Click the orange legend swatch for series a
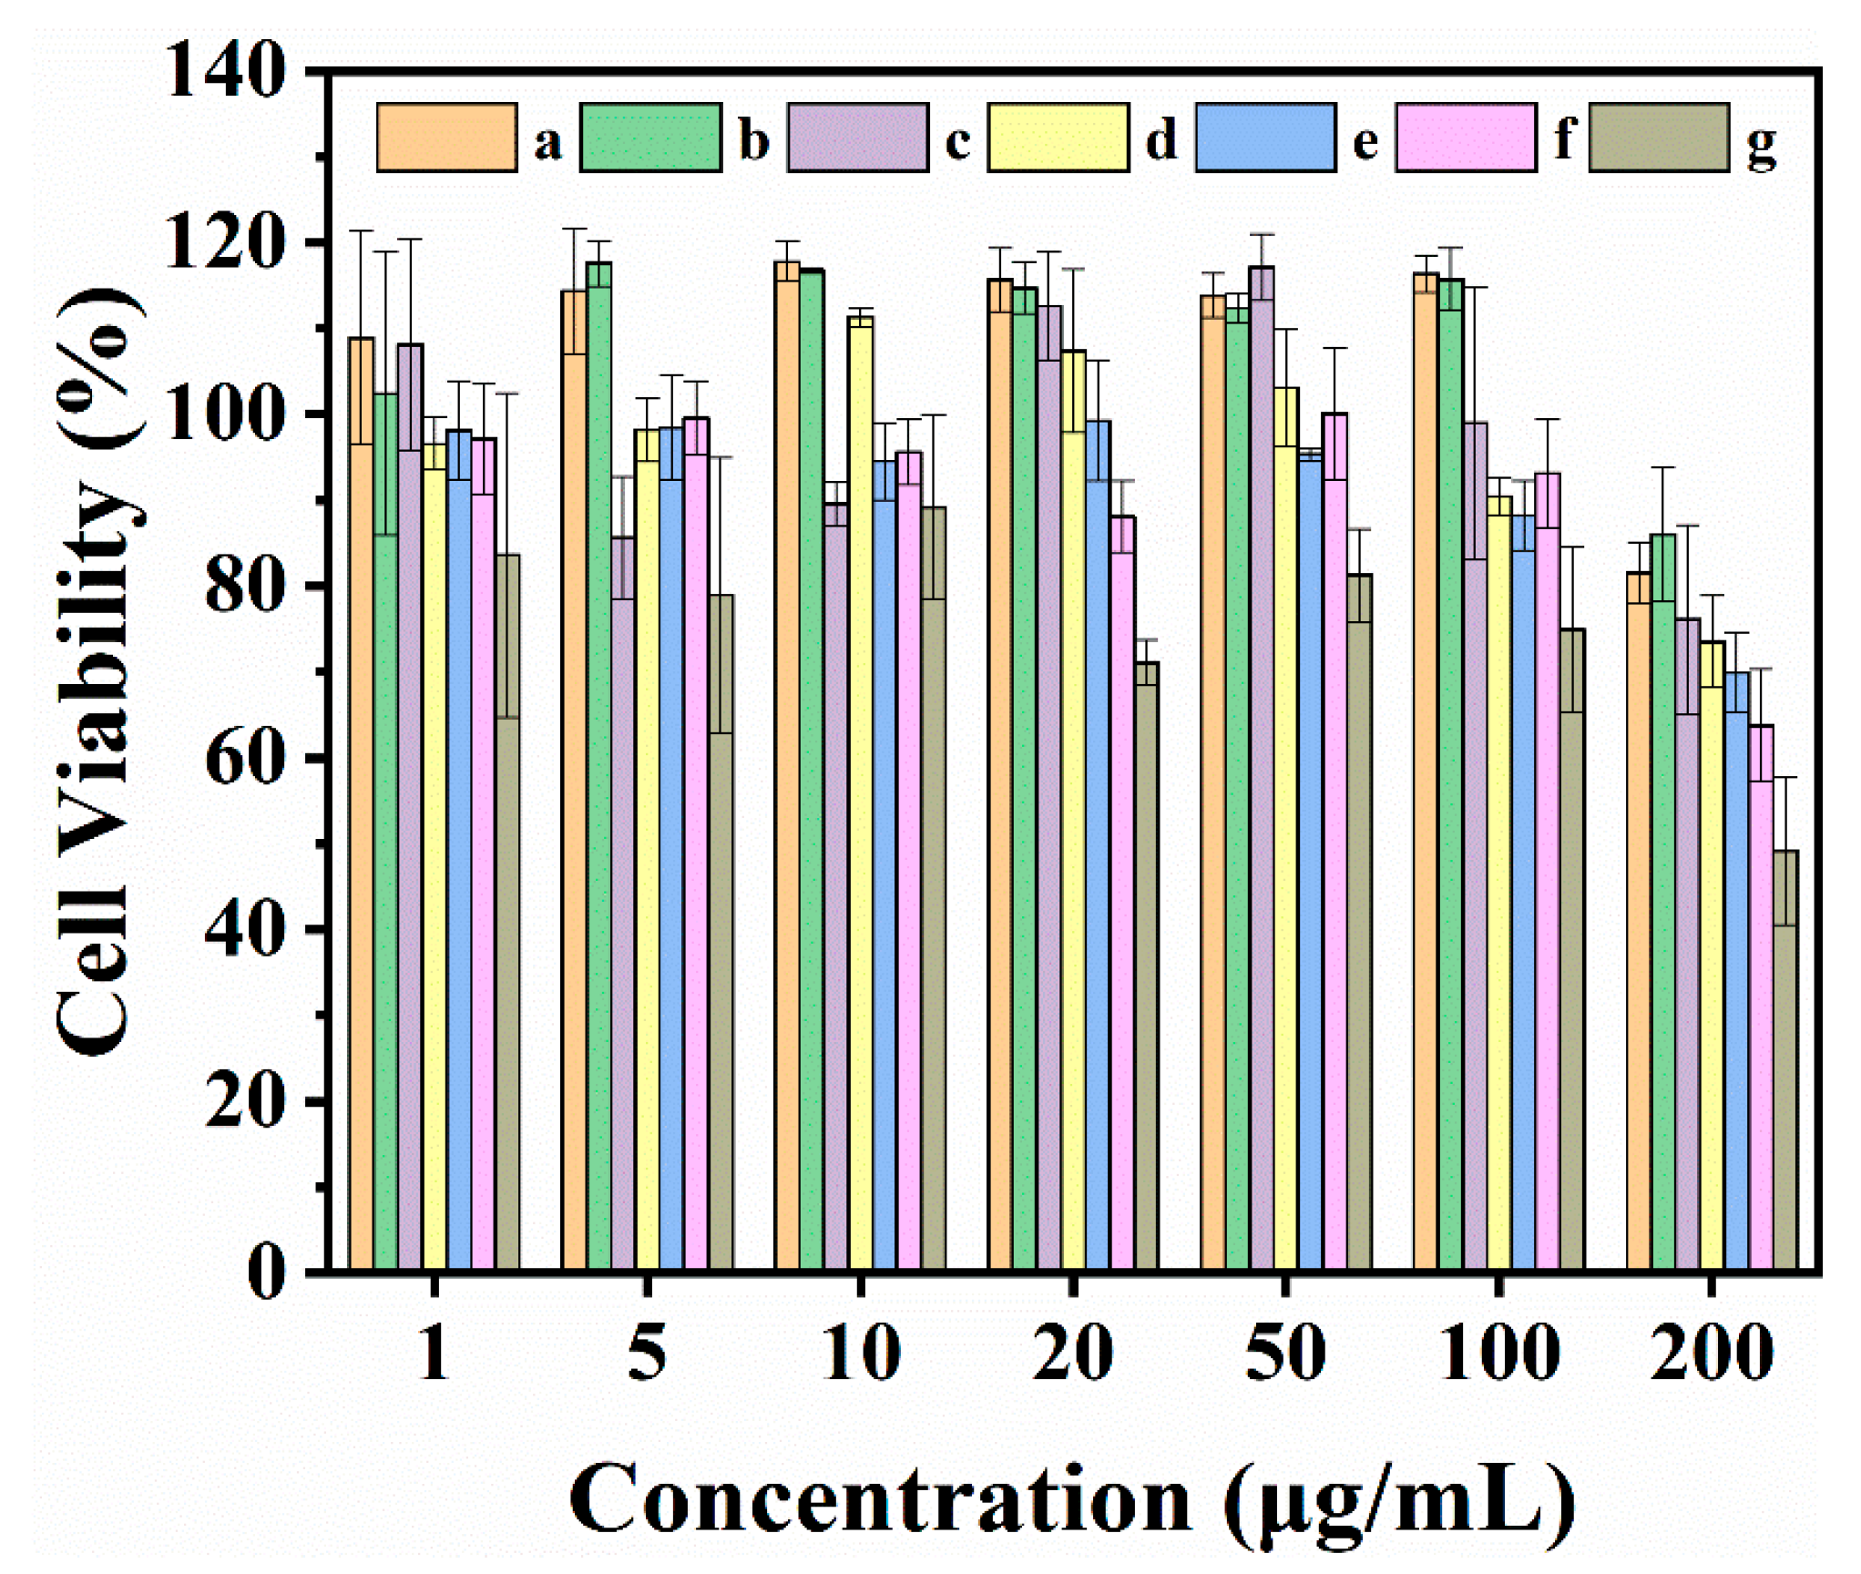tap(446, 138)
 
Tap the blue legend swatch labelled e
tap(1264, 138)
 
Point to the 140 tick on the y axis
tap(224, 71)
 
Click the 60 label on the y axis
tap(242, 759)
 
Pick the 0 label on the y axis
tap(266, 1272)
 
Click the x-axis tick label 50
tap(1284, 1354)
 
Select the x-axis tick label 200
tap(1711, 1354)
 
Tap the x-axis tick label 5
tap(647, 1354)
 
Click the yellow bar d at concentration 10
tap(860, 792)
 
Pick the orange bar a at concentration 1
tap(362, 802)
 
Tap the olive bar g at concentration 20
tap(1146, 966)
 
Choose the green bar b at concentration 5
tap(598, 765)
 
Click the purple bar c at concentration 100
tap(1475, 847)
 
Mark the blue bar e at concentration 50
tap(1310, 861)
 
